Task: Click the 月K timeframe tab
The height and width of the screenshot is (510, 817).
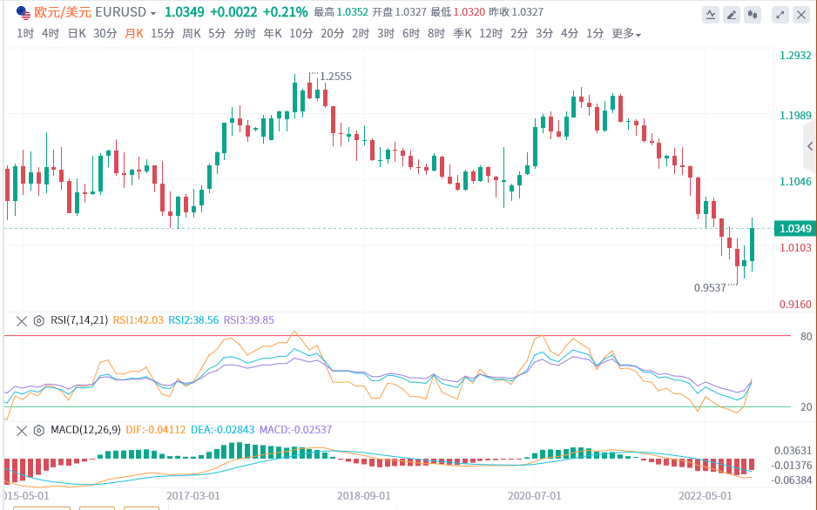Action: pyautogui.click(x=134, y=33)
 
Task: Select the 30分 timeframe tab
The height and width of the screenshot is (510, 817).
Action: pyautogui.click(x=105, y=33)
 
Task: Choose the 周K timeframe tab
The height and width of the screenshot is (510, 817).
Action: pyautogui.click(x=191, y=33)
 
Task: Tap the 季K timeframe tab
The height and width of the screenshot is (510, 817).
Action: pyautogui.click(x=463, y=33)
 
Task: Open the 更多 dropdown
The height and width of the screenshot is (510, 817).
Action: pyautogui.click(x=626, y=33)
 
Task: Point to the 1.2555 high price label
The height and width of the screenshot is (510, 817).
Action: pyautogui.click(x=335, y=77)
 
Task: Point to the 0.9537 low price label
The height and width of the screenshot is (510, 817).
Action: pyautogui.click(x=710, y=287)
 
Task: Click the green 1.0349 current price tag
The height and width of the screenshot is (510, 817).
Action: pyautogui.click(x=795, y=229)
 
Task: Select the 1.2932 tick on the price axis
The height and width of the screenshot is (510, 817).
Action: pyautogui.click(x=795, y=55)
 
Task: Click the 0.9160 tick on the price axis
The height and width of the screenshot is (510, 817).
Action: pyautogui.click(x=795, y=304)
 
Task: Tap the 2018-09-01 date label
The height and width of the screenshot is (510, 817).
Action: pyautogui.click(x=364, y=494)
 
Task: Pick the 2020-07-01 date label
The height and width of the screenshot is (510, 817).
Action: pyautogui.click(x=535, y=494)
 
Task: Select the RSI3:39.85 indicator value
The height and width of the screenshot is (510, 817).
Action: pyautogui.click(x=249, y=320)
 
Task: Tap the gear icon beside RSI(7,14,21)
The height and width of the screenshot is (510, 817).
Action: pyautogui.click(x=38, y=320)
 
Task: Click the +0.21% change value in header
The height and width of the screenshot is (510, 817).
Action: pyautogui.click(x=285, y=12)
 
